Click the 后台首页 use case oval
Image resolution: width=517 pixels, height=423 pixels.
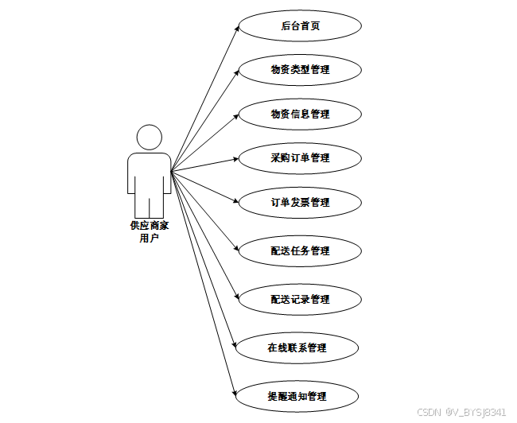pyautogui.click(x=300, y=25)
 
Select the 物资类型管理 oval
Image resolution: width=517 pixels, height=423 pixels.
pyautogui.click(x=300, y=69)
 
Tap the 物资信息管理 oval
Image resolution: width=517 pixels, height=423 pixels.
pyautogui.click(x=300, y=114)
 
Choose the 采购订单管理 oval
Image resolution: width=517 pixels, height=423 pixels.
pyautogui.click(x=300, y=157)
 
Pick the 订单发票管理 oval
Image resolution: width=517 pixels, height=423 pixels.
pyautogui.click(x=300, y=202)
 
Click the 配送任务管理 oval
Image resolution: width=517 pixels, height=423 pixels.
pyautogui.click(x=300, y=250)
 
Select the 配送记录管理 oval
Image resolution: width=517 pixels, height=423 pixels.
pyautogui.click(x=300, y=299)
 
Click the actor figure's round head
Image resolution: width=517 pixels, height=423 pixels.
pyautogui.click(x=149, y=138)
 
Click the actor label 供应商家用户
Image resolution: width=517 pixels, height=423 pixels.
pyautogui.click(x=149, y=231)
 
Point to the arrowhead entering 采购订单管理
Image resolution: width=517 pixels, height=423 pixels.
pyautogui.click(x=235, y=158)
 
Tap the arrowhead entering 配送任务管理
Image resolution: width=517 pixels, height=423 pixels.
pyautogui.click(x=236, y=249)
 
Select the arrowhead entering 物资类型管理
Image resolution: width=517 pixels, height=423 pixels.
pyautogui.click(x=236, y=72)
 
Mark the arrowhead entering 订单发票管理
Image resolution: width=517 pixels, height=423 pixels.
pyautogui.click(x=236, y=201)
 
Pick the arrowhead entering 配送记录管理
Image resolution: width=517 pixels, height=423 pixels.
pyautogui.click(x=236, y=297)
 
